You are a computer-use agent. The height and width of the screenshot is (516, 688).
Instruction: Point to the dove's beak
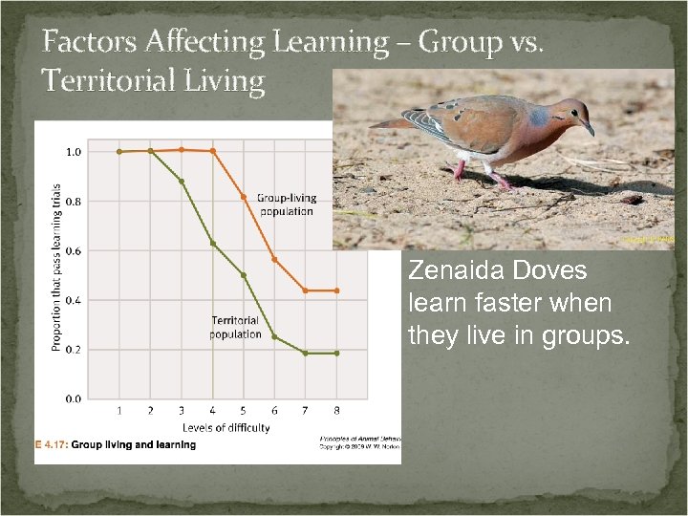pos(589,128)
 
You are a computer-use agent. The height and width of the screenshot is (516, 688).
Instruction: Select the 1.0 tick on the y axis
pos(73,152)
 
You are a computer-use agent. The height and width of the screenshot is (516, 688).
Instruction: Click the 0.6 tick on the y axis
pos(73,251)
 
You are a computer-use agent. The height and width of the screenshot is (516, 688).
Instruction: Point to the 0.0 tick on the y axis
pos(73,399)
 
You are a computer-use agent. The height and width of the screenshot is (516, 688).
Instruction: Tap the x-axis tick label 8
pos(336,412)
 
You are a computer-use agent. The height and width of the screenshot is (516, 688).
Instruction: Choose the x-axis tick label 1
pos(119,412)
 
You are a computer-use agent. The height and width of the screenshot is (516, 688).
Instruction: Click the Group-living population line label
pos(286,205)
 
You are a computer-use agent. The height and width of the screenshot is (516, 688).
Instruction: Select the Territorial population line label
pos(235,328)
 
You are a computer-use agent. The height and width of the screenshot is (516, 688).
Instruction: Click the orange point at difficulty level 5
pos(244,197)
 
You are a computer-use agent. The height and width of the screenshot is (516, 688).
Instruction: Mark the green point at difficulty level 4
pos(212,244)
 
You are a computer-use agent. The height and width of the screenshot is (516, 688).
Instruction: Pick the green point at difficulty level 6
pos(274,336)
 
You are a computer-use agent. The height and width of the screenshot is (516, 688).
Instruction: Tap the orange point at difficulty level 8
pos(336,290)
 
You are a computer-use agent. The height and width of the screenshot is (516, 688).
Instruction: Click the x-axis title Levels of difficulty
pos(226,428)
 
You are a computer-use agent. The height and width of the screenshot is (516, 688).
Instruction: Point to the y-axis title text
pos(56,268)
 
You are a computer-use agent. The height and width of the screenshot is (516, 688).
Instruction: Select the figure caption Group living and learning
pos(134,445)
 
